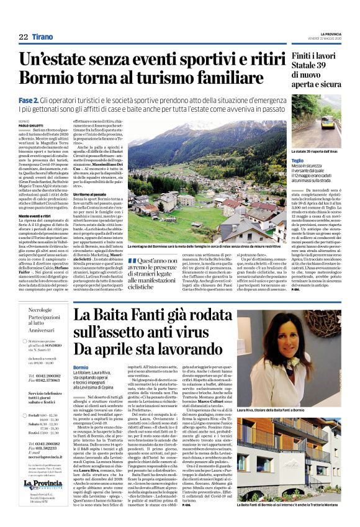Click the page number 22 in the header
[24, 37]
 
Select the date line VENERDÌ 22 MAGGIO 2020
[323, 40]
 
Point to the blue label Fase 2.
[29, 99]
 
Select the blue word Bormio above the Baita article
[81, 367]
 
